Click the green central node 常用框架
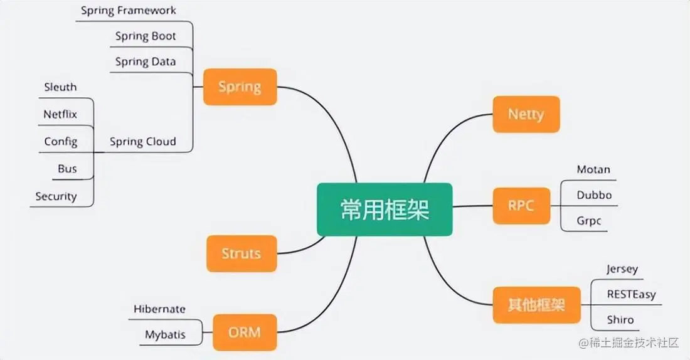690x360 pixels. click(x=384, y=209)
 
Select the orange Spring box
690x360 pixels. click(x=240, y=87)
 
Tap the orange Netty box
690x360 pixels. click(x=526, y=114)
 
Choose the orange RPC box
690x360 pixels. click(x=521, y=205)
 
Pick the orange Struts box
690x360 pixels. click(x=241, y=253)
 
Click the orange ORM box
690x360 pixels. click(x=244, y=332)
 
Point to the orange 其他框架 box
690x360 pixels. click(x=536, y=305)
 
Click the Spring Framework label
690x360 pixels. click(x=129, y=11)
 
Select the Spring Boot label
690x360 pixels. click(x=146, y=36)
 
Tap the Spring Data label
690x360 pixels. click(x=146, y=61)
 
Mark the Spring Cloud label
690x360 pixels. click(x=143, y=141)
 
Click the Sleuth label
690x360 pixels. click(x=60, y=87)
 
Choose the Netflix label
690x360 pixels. click(x=60, y=114)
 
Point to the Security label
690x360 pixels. click(x=56, y=196)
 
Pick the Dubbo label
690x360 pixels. click(x=594, y=194)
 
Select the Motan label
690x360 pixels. click(x=593, y=169)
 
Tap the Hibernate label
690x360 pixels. click(x=159, y=309)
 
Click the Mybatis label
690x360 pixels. click(x=165, y=334)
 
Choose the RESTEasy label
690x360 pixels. click(x=630, y=294)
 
